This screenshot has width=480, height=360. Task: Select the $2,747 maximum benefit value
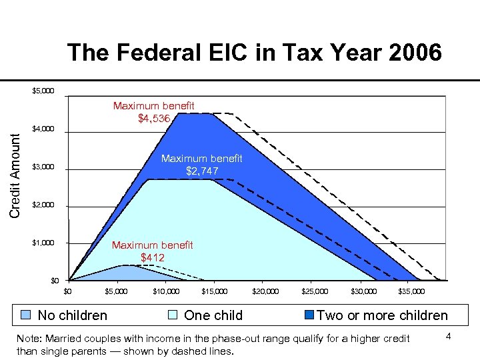click(x=201, y=171)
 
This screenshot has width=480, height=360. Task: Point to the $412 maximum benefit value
click(x=152, y=257)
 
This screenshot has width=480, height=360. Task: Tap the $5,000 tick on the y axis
click(x=43, y=91)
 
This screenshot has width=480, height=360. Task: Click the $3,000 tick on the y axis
click(x=43, y=167)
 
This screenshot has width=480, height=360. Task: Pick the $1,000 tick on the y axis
click(x=43, y=243)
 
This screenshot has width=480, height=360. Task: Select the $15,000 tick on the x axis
click(x=215, y=291)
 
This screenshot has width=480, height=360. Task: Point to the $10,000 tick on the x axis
click(x=166, y=291)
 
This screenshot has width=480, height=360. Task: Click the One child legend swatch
click(x=173, y=315)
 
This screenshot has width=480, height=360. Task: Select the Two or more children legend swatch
click(x=309, y=315)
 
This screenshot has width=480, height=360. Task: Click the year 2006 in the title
click(x=411, y=52)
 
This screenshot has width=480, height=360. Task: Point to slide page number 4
click(x=449, y=336)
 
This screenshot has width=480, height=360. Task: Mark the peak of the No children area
click(x=124, y=265)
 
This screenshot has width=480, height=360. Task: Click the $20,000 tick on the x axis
click(x=265, y=291)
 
